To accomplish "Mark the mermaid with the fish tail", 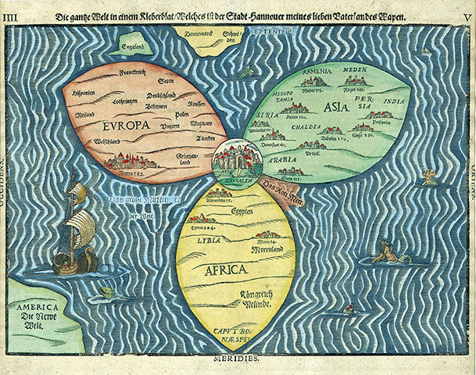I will click(385, 252).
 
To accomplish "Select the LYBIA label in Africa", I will click(209, 240).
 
